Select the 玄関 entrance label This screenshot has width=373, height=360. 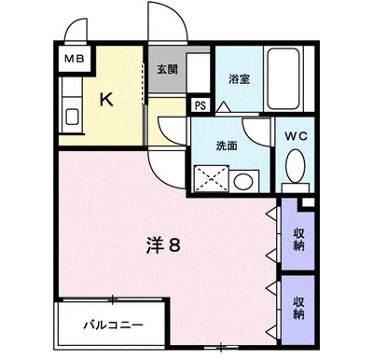(168, 68)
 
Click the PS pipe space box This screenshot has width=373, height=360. (200, 105)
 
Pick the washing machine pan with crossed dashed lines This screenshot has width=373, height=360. (211, 177)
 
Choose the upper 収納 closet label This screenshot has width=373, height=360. (298, 237)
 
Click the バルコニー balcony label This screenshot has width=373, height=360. (112, 326)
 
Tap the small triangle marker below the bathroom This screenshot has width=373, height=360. (222, 110)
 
